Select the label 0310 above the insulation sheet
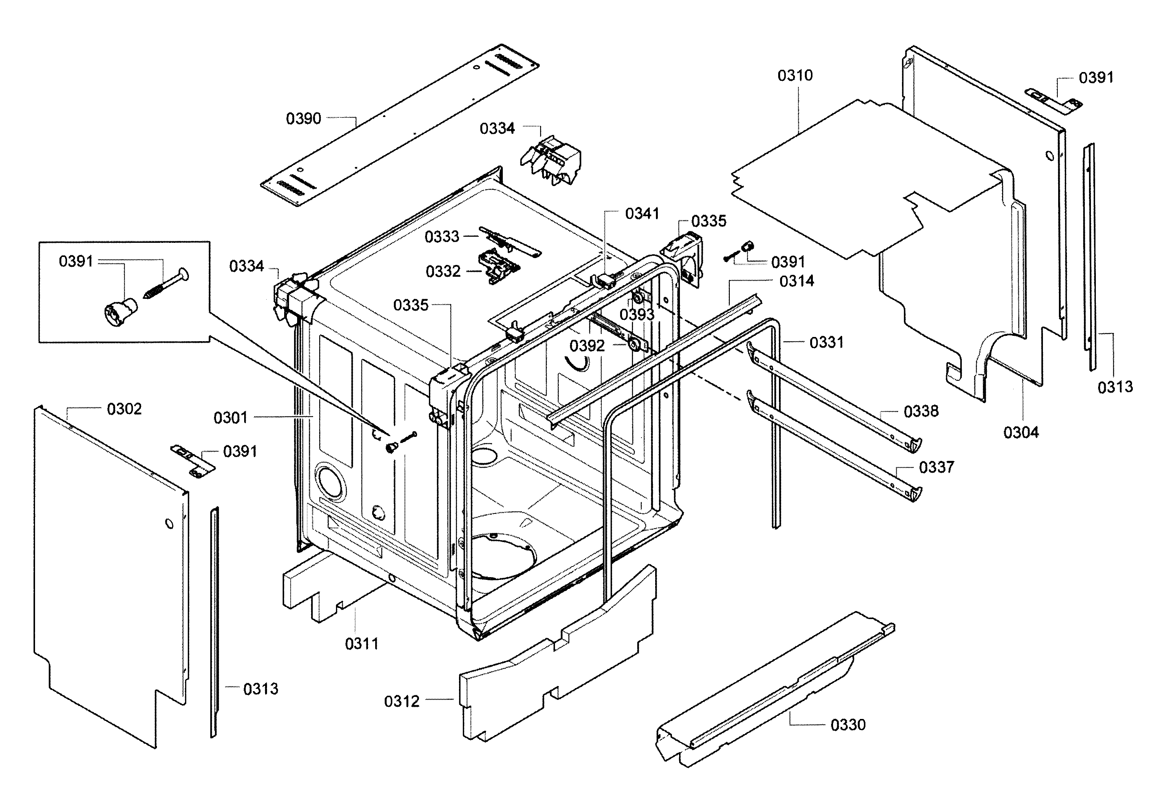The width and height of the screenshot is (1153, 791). [795, 76]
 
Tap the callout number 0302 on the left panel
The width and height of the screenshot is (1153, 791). [124, 409]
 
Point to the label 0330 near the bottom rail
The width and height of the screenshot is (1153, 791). [848, 725]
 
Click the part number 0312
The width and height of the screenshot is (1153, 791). [401, 702]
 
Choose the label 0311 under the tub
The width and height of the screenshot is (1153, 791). [362, 644]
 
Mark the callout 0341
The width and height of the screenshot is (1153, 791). [642, 214]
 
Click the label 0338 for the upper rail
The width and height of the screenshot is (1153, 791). [921, 412]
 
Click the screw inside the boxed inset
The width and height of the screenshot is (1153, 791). [166, 284]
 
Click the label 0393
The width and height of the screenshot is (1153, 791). [637, 315]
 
